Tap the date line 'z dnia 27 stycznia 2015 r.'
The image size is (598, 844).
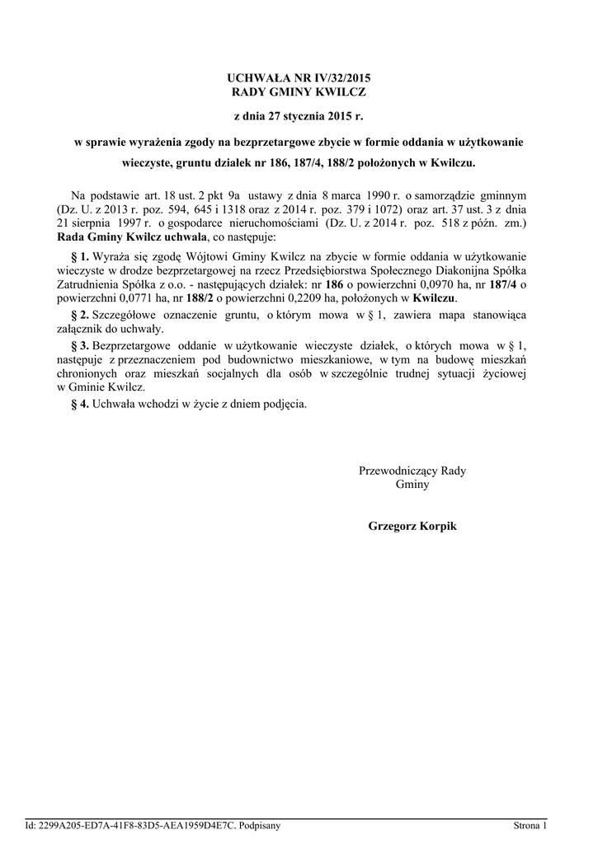(x=299, y=116)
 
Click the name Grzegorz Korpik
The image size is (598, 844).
(x=412, y=525)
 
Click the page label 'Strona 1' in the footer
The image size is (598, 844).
(x=530, y=825)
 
